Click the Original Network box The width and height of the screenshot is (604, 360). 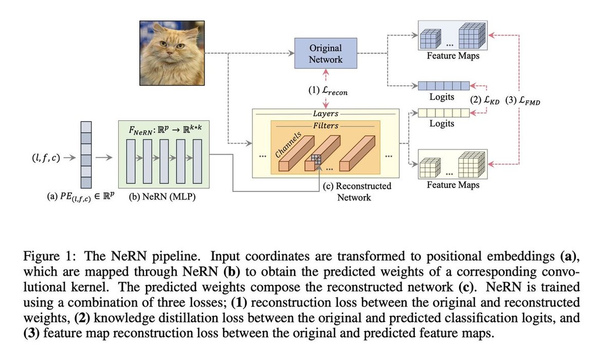pyautogui.click(x=325, y=53)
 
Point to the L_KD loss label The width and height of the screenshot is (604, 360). pyautogui.click(x=486, y=101)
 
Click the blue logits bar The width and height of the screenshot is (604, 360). pyautogui.click(x=443, y=86)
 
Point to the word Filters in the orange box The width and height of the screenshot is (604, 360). pyautogui.click(x=325, y=125)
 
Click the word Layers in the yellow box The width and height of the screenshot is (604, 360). pyautogui.click(x=325, y=114)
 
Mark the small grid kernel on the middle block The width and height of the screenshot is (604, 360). pyautogui.click(x=316, y=159)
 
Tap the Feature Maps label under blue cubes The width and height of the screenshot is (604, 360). pyautogui.click(x=452, y=56)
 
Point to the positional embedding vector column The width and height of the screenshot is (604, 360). pyautogui.click(x=86, y=154)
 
